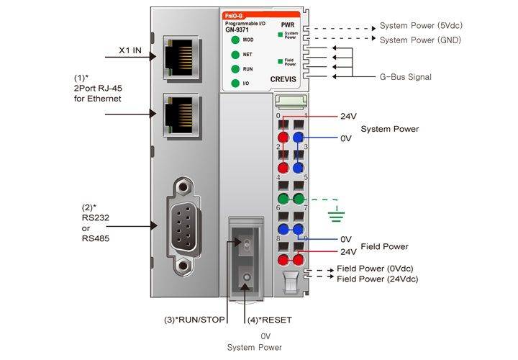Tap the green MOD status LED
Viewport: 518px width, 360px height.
click(235, 40)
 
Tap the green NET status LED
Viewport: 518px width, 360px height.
click(235, 55)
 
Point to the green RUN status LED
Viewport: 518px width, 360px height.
click(235, 69)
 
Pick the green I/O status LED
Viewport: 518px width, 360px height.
click(235, 84)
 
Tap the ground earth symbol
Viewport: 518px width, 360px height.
click(334, 213)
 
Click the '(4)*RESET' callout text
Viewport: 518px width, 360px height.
click(270, 320)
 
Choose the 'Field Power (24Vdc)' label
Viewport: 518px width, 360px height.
click(377, 279)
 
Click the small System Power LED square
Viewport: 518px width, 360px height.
click(280, 34)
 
